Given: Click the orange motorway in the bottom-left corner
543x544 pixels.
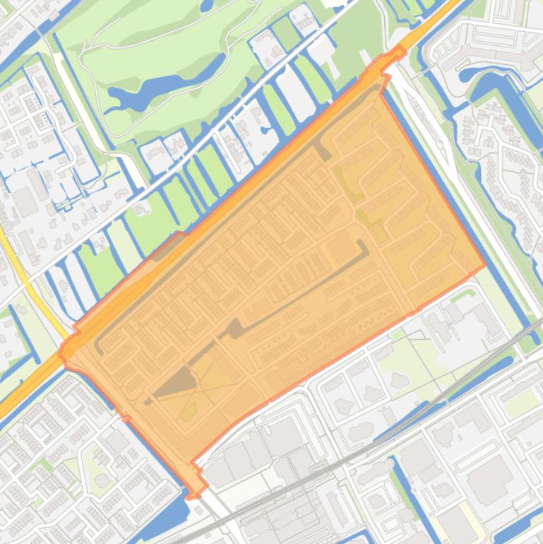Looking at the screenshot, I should pyautogui.click(x=21, y=396).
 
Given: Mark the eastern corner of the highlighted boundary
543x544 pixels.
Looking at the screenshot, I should pyautogui.click(x=485, y=266).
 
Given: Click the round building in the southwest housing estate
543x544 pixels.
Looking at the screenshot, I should pyautogui.click(x=102, y=481).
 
